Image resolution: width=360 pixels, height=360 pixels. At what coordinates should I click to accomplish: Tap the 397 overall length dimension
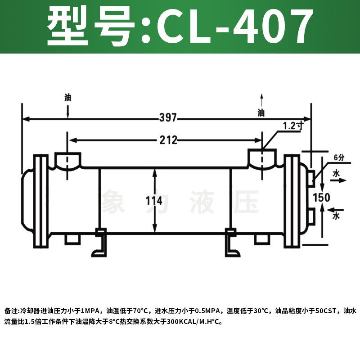[168, 118]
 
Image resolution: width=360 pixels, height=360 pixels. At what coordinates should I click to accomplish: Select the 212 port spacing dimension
[167, 140]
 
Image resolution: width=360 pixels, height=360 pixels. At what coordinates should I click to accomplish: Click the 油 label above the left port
[68, 97]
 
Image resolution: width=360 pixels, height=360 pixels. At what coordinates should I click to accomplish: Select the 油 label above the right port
[261, 112]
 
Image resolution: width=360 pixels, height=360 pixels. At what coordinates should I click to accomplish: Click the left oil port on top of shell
[68, 160]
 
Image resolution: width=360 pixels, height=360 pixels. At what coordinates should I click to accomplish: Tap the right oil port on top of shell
[262, 159]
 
